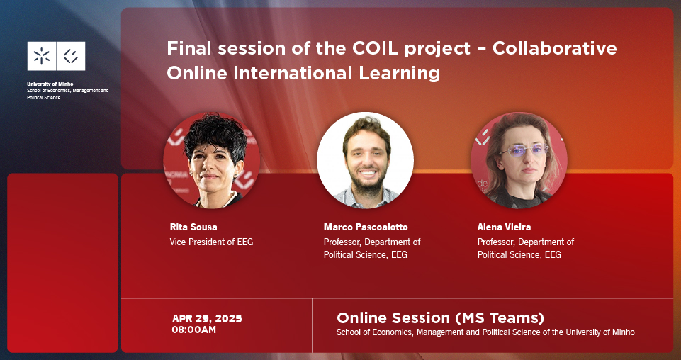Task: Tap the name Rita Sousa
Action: pos(193,227)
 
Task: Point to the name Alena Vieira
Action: pos(504,227)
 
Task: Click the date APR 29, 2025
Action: pos(207,319)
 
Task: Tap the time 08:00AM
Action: pos(193,330)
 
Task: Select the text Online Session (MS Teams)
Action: pos(440,317)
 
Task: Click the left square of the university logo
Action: pos(41,56)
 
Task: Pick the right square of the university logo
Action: pos(71,56)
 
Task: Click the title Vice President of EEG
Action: pos(211,242)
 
